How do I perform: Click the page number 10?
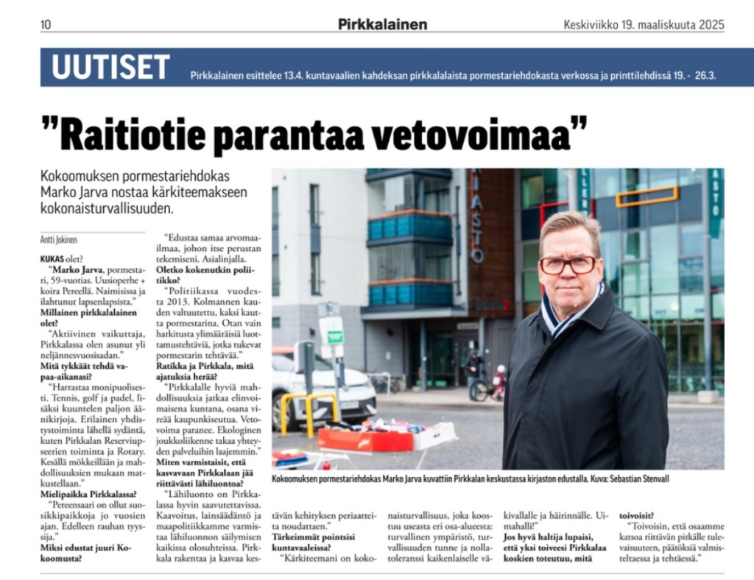click(46, 24)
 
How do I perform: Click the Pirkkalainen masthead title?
click(382, 24)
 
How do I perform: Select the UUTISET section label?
click(110, 68)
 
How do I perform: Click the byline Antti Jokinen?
click(59, 239)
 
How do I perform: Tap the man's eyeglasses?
click(568, 264)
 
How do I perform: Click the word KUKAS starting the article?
click(52, 258)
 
